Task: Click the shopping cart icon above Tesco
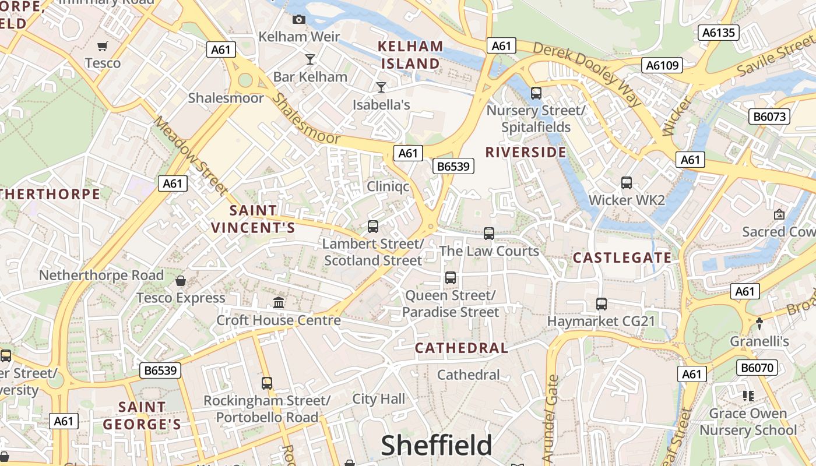[103, 46]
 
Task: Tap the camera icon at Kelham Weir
[299, 20]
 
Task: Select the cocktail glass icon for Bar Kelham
[310, 59]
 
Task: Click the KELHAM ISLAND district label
[410, 55]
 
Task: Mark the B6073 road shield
[769, 116]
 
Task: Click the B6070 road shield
[757, 368]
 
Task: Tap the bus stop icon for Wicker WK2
[627, 183]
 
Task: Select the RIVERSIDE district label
[526, 153]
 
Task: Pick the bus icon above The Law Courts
[489, 234]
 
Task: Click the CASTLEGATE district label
[622, 257]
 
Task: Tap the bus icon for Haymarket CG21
[602, 303]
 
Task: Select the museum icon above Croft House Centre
[279, 303]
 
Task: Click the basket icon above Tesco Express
[181, 281]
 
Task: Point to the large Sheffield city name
[437, 446]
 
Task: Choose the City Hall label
[378, 399]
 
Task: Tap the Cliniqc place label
[388, 186]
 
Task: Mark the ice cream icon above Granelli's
[759, 323]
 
